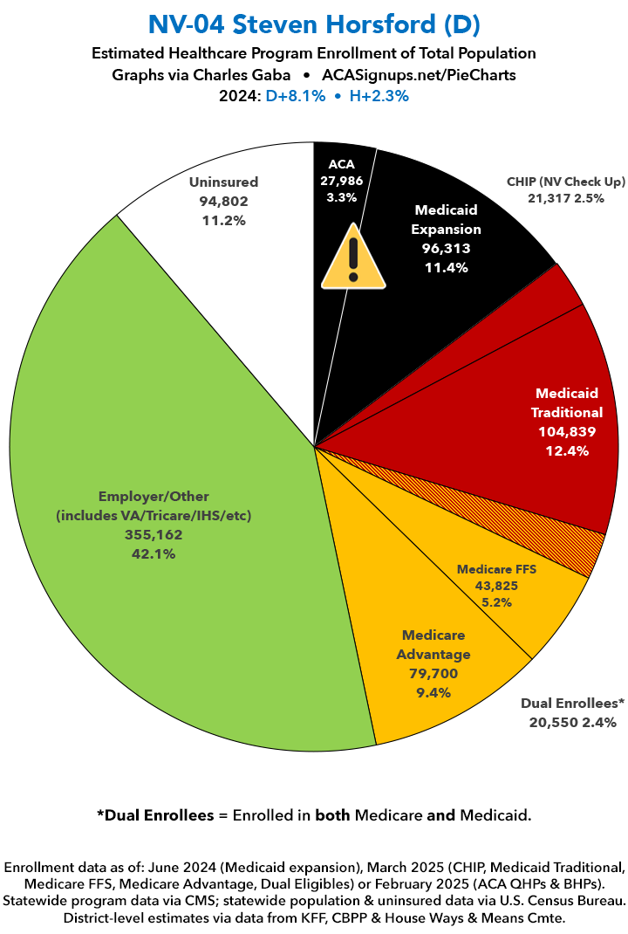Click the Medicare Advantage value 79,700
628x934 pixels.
pyautogui.click(x=433, y=673)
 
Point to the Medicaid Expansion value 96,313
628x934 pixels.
pyautogui.click(x=447, y=249)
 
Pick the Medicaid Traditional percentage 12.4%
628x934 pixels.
pyautogui.click(x=569, y=450)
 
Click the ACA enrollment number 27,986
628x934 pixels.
pyautogui.click(x=341, y=181)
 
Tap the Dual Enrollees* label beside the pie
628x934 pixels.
pyautogui.click(x=572, y=704)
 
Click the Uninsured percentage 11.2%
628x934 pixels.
pyautogui.click(x=223, y=220)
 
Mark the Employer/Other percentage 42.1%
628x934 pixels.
pyautogui.click(x=153, y=553)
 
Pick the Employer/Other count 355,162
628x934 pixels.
pyautogui.click(x=153, y=534)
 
